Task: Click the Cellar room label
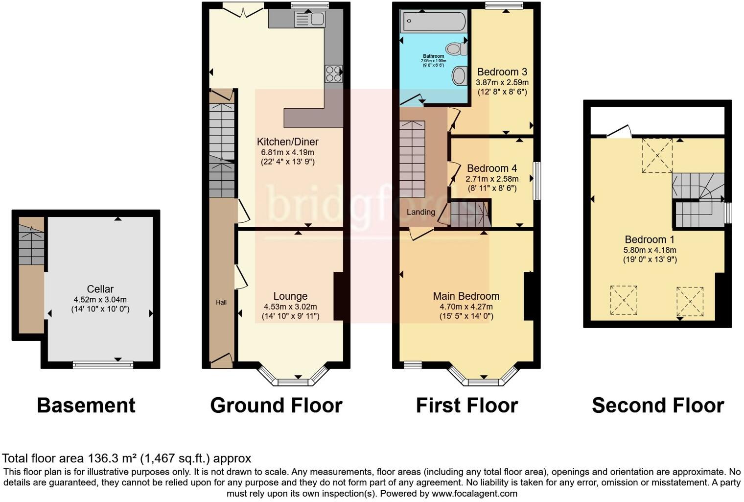[x=100, y=289]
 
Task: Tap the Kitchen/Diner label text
[x=287, y=142]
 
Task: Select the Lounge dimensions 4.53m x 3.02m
[x=290, y=307]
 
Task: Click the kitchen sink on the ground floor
[x=310, y=19]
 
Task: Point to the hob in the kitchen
[x=333, y=74]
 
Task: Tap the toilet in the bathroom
[x=455, y=48]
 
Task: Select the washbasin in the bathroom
[x=459, y=76]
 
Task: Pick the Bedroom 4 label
[x=492, y=168]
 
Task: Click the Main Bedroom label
[x=466, y=296]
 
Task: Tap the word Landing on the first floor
[x=420, y=212]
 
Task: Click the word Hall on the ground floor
[x=221, y=303]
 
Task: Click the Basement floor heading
[x=86, y=406]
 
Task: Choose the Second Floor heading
[x=657, y=406]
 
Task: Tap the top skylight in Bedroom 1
[x=657, y=155]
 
